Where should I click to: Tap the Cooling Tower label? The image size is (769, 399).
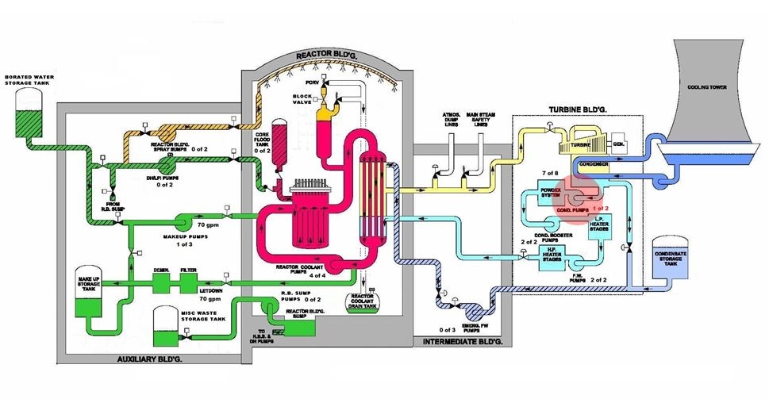(704, 88)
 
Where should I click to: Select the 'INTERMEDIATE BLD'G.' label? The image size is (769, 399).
(459, 341)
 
